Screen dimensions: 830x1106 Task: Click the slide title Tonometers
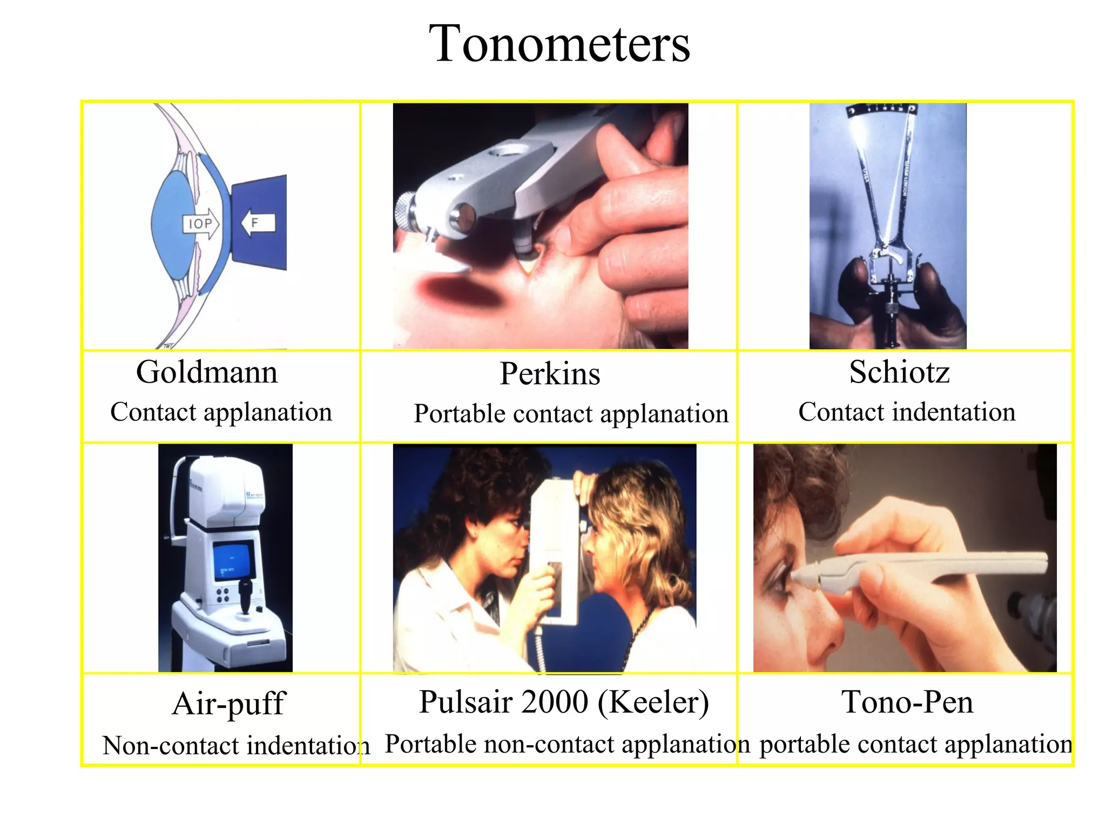click(559, 44)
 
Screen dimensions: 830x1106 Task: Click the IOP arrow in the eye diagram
click(201, 224)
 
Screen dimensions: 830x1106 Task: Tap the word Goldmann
click(207, 372)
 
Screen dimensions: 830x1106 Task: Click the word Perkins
click(550, 374)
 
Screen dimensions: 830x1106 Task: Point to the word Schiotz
click(899, 372)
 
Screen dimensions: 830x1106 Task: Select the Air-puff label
click(228, 704)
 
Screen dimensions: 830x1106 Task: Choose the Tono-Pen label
click(907, 702)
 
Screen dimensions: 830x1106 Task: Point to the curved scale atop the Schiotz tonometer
click(881, 110)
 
